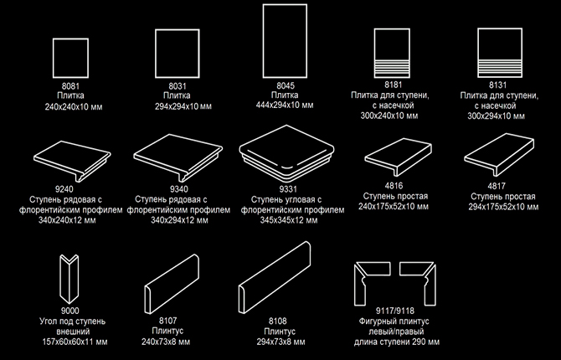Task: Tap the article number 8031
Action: (178, 86)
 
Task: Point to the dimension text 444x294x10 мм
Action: (285, 105)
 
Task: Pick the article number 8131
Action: (498, 85)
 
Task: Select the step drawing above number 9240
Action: (72, 161)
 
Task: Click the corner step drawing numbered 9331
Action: (286, 153)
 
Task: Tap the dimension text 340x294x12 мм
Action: (179, 220)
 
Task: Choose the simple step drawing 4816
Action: (399, 157)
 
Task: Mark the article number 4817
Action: (497, 186)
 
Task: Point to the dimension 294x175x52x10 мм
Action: (503, 207)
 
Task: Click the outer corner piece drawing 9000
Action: (69, 279)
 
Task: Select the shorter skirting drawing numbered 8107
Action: (172, 284)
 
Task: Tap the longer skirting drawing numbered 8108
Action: (275, 278)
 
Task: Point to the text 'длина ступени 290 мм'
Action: (397, 342)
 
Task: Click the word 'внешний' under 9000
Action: (73, 332)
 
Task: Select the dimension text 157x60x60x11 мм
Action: (75, 342)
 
